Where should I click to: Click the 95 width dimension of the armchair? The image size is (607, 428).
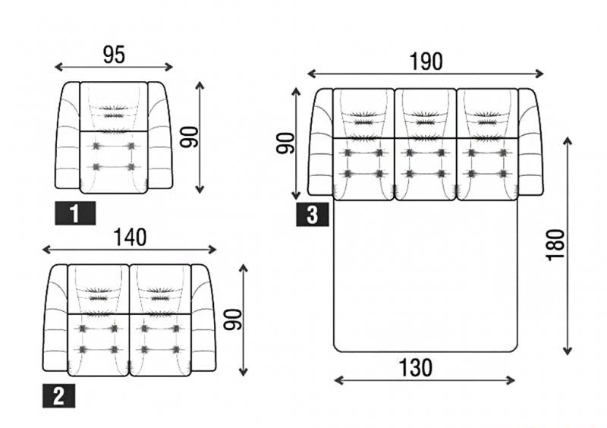115,55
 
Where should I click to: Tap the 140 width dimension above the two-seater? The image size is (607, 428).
130,238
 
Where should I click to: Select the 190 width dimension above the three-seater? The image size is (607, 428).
426,61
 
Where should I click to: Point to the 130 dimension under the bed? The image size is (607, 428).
416,368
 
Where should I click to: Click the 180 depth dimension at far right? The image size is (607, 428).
555,245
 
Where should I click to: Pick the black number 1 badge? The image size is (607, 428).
75,213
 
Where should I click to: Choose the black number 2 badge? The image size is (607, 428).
59,396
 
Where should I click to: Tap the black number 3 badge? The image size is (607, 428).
313,215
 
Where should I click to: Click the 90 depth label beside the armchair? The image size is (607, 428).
189,137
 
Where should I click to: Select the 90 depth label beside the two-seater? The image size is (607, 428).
233,319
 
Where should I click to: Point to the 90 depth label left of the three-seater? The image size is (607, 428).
286,143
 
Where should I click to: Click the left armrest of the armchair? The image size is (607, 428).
68,135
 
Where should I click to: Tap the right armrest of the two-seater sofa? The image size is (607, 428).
203,318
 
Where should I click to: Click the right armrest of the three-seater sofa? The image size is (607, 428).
530,142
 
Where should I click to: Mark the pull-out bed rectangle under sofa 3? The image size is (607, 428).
426,276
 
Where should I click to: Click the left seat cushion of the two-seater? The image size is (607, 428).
99,345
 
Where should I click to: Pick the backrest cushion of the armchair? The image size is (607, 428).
114,107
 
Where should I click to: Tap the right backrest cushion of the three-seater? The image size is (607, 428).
487,114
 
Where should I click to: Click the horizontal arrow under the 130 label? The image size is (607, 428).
424,380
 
